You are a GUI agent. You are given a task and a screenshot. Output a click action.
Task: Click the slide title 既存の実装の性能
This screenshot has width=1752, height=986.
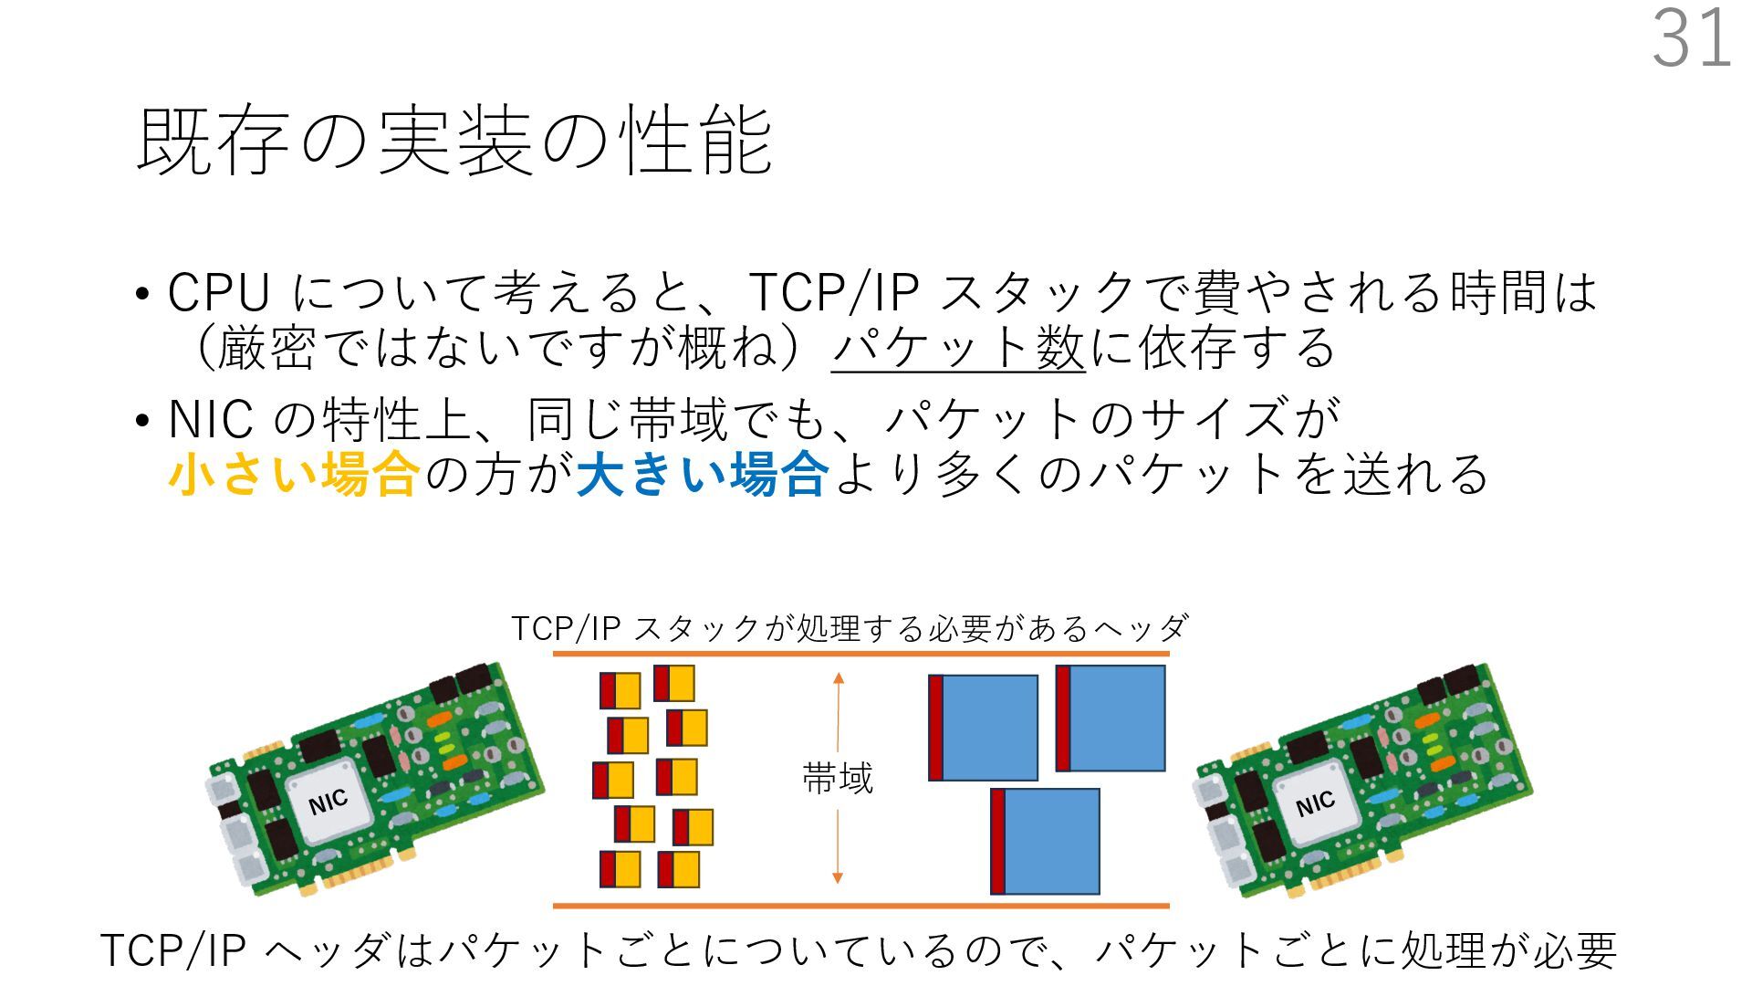point(454,142)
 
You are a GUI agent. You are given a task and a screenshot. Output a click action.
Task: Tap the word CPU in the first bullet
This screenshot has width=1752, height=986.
point(219,293)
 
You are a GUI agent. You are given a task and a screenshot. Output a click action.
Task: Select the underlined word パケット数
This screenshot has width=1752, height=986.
point(958,348)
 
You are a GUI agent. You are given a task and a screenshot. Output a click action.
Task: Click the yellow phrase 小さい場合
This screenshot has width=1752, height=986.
point(294,475)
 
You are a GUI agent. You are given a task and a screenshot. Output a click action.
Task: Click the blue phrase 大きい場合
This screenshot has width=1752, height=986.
point(703,475)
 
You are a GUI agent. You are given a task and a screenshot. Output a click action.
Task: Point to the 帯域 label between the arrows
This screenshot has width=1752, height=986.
point(838,779)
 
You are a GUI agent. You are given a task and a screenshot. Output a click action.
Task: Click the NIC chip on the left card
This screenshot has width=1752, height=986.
point(328,802)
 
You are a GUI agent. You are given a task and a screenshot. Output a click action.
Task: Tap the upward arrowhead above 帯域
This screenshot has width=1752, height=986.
point(839,678)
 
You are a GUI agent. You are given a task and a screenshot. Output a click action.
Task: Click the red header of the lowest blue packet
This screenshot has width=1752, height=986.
point(997,841)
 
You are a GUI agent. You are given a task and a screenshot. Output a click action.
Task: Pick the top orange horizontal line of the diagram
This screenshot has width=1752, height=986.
point(860,654)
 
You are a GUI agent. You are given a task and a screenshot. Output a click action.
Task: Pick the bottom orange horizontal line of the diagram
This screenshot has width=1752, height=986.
point(860,906)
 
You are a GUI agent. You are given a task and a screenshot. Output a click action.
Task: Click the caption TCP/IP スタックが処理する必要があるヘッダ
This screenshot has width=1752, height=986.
point(850,628)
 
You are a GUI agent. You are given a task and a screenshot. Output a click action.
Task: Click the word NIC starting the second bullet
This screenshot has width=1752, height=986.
point(210,420)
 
